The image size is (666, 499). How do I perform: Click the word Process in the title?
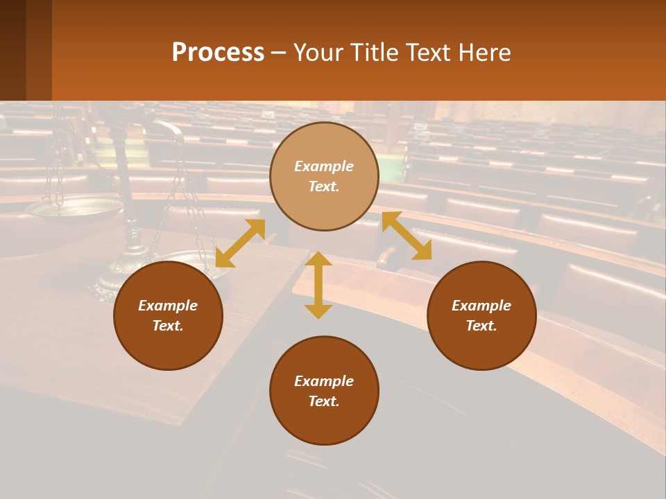pyautogui.click(x=218, y=53)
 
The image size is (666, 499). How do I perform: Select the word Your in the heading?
pyautogui.click(x=317, y=53)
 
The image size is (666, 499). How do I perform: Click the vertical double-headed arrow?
pyautogui.click(x=318, y=285)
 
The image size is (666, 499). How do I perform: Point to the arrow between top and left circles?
pyautogui.click(x=240, y=243)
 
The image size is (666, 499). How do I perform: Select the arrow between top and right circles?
pyautogui.click(x=407, y=236)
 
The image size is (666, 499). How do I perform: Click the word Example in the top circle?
pyautogui.click(x=324, y=166)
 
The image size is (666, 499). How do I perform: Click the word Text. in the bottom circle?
pyautogui.click(x=324, y=401)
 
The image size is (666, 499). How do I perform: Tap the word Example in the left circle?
pyautogui.click(x=168, y=306)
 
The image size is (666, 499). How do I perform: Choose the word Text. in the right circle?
pyautogui.click(x=481, y=326)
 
